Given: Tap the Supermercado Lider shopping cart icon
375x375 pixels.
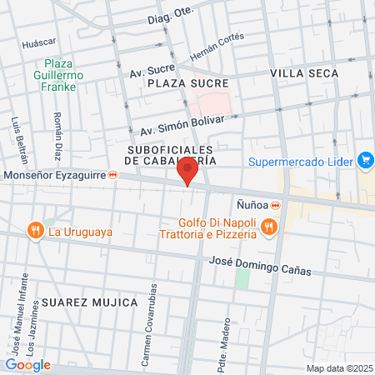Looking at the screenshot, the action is pyautogui.click(x=364, y=159).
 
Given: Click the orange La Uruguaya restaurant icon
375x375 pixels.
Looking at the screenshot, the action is pyautogui.click(x=34, y=230).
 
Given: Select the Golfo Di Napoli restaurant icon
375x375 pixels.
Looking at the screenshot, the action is pyautogui.click(x=268, y=225).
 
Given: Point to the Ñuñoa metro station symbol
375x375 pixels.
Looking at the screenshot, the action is pyautogui.click(x=275, y=206).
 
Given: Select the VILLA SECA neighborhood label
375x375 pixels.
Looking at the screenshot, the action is pyautogui.click(x=305, y=74).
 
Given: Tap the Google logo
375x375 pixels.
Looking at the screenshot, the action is pyautogui.click(x=27, y=365).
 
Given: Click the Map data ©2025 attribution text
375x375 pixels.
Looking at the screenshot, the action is pyautogui.click(x=338, y=368).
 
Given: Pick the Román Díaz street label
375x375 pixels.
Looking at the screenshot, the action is pyautogui.click(x=57, y=137).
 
